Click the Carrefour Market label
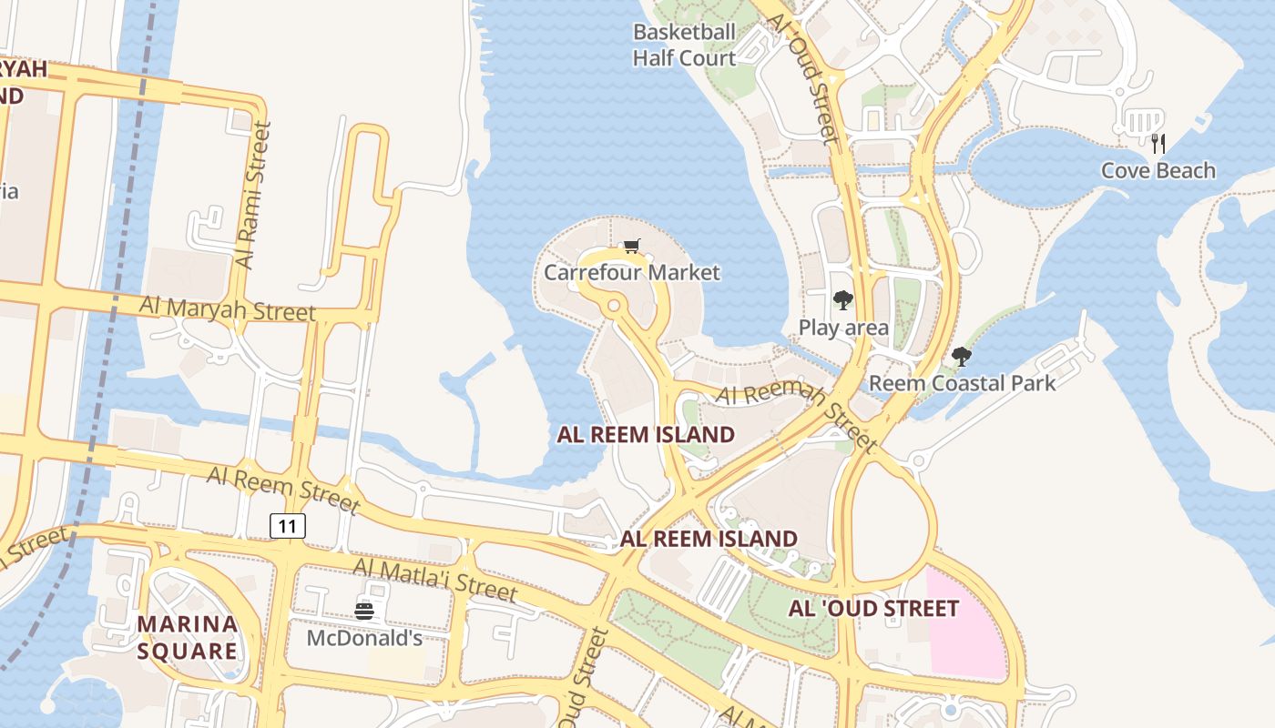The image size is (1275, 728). point(631,272)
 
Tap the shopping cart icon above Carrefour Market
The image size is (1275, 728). point(631,246)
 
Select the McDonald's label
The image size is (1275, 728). point(364,638)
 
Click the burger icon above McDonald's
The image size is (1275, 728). point(364,612)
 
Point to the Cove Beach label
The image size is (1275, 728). point(1158,170)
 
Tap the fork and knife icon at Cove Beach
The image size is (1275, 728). point(1158,144)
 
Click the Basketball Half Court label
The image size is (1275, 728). point(685,45)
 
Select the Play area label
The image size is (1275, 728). point(843,327)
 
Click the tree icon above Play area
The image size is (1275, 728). point(843,299)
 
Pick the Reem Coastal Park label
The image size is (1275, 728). point(962,382)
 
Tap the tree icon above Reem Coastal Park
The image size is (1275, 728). point(961,356)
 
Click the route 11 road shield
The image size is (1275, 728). point(287,525)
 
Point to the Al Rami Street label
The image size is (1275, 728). point(253,196)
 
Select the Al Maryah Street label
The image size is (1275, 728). point(227,308)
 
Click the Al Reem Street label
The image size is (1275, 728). point(282,489)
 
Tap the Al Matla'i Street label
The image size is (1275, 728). point(434,579)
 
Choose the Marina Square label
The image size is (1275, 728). point(188,637)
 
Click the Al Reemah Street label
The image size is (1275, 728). point(796,415)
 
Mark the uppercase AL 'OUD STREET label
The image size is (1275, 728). point(873,608)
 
